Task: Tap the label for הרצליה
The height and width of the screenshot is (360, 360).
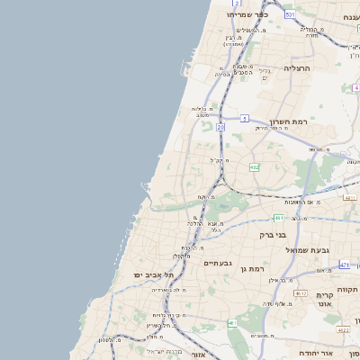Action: pos(296,68)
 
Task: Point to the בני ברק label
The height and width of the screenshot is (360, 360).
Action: pos(272,235)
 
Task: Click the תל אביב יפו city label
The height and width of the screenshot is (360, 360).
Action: pos(127,274)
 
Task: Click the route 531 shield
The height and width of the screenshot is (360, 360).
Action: pos(290,15)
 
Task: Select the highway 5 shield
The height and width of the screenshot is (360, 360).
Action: pos(244,118)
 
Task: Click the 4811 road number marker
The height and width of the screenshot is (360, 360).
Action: pos(350,197)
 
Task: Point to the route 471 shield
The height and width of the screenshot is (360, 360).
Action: pos(344,265)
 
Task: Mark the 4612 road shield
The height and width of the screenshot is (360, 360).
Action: pos(300,293)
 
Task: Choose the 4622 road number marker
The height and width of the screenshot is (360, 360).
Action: pos(343,331)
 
